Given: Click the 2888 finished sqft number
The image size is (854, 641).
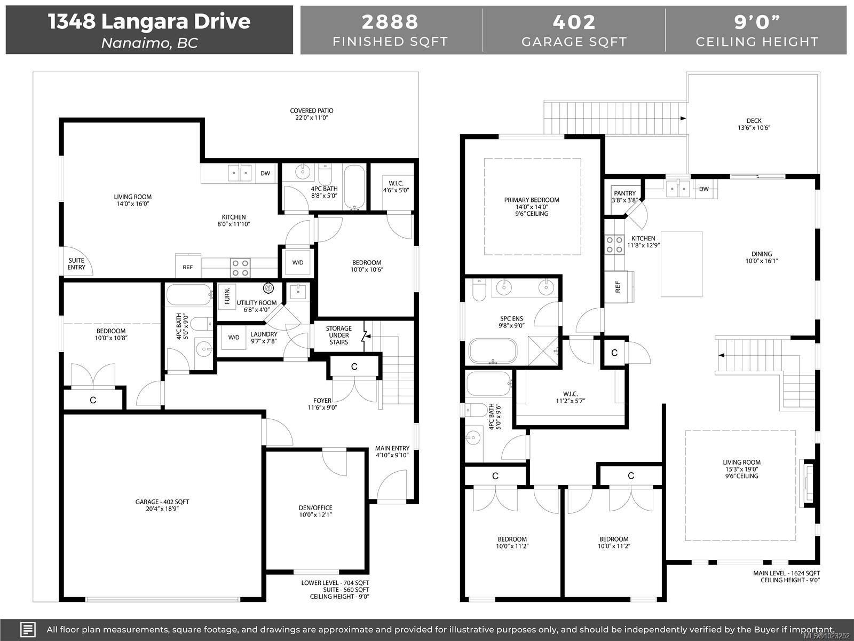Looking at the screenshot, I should point(390,22).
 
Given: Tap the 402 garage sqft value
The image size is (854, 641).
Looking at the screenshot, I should point(574,22).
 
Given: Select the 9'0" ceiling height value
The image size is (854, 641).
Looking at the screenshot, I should point(756,22).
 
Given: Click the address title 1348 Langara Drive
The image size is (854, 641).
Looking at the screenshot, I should point(149,21).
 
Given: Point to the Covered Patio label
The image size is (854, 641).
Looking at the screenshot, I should point(312,114).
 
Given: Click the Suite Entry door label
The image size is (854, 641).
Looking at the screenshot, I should point(76,264).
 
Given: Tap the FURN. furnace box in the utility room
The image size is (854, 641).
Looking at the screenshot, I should point(227,295).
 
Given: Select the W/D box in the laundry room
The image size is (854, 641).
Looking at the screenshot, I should point(234,338).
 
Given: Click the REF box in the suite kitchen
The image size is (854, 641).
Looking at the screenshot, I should point(188,267).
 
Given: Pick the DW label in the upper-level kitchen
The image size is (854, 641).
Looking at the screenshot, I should point(703,189).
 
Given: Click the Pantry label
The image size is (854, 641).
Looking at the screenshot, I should point(624,197).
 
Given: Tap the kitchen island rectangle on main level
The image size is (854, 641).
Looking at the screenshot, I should point(681,264).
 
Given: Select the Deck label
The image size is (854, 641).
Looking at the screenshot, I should point(754,124).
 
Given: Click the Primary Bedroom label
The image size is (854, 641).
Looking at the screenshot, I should point(532,206).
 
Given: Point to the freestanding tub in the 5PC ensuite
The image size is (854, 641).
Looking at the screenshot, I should point(493,351).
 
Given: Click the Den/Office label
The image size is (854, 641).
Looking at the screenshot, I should point(315,511).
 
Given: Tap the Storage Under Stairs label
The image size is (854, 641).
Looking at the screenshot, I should point(338,335).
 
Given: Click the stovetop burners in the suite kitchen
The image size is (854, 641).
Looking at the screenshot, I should point(240,267).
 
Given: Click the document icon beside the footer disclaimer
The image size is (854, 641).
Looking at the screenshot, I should point(28,629).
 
